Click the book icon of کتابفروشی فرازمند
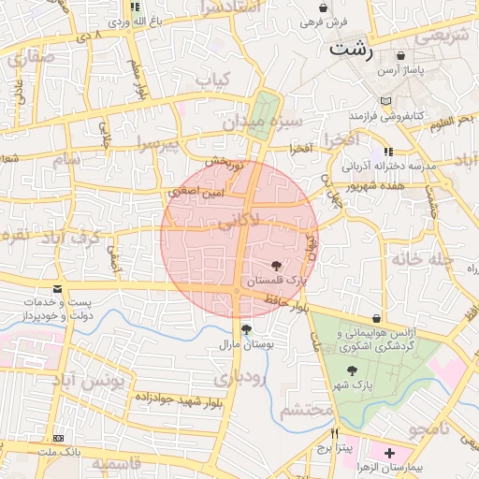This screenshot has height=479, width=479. tap(386, 101)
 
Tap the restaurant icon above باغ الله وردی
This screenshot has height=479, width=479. tap(136, 7)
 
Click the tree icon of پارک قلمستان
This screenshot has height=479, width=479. tap(275, 267)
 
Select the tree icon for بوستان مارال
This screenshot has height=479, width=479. tap(246, 329)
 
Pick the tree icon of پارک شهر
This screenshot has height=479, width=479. tap(352, 371)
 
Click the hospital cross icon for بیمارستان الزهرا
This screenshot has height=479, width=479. tap(389, 453)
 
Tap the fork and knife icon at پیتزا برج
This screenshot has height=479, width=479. tap(334, 434)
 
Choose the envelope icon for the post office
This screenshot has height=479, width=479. tap(58, 289)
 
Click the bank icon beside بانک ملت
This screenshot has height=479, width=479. tap(58, 438)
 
